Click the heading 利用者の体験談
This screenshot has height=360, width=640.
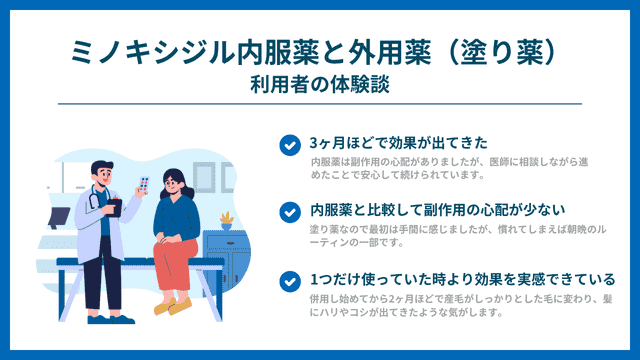[319, 84]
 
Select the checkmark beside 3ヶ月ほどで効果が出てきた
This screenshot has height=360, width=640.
[289, 143]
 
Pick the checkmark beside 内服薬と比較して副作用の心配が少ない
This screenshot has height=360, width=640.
[289, 211]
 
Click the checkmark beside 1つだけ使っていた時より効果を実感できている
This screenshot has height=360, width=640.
[289, 279]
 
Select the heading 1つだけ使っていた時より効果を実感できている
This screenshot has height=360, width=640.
[461, 279]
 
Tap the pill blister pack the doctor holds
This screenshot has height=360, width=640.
[144, 183]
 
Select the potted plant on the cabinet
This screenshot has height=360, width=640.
[227, 218]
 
